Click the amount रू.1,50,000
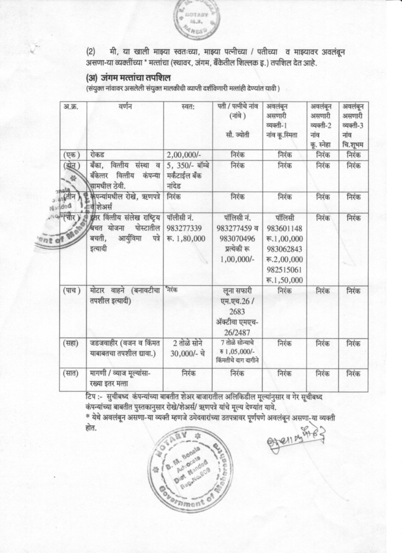285,279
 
